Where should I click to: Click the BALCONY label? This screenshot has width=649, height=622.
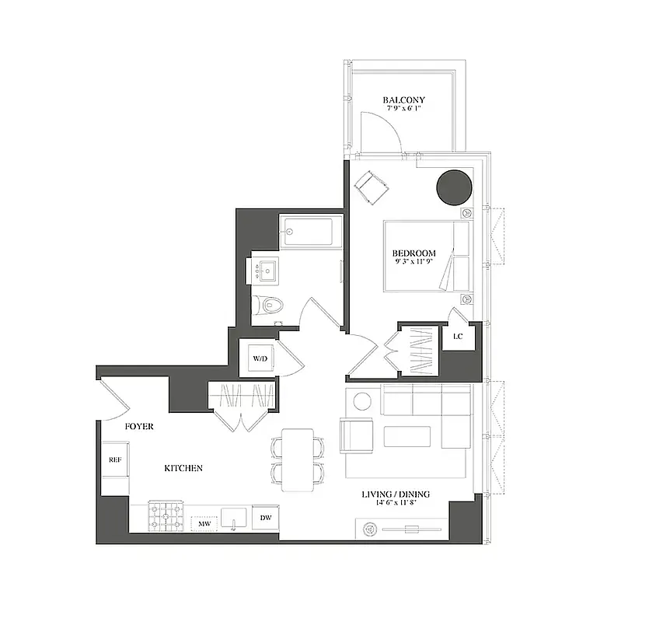(403, 100)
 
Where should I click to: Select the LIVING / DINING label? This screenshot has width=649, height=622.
(396, 494)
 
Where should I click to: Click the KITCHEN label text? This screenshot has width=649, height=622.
(183, 468)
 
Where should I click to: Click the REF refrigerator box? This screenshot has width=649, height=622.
(114, 459)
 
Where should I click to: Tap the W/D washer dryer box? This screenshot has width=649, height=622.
(258, 358)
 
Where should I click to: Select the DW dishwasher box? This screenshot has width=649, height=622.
(266, 517)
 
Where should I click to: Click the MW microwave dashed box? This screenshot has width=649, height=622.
(204, 524)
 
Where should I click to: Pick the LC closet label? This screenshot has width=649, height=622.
(458, 336)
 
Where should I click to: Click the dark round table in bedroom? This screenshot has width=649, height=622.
(455, 187)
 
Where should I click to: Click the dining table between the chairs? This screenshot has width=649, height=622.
(297, 460)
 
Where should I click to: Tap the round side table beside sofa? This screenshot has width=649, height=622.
(361, 402)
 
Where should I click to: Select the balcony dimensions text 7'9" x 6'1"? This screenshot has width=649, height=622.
(403, 110)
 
